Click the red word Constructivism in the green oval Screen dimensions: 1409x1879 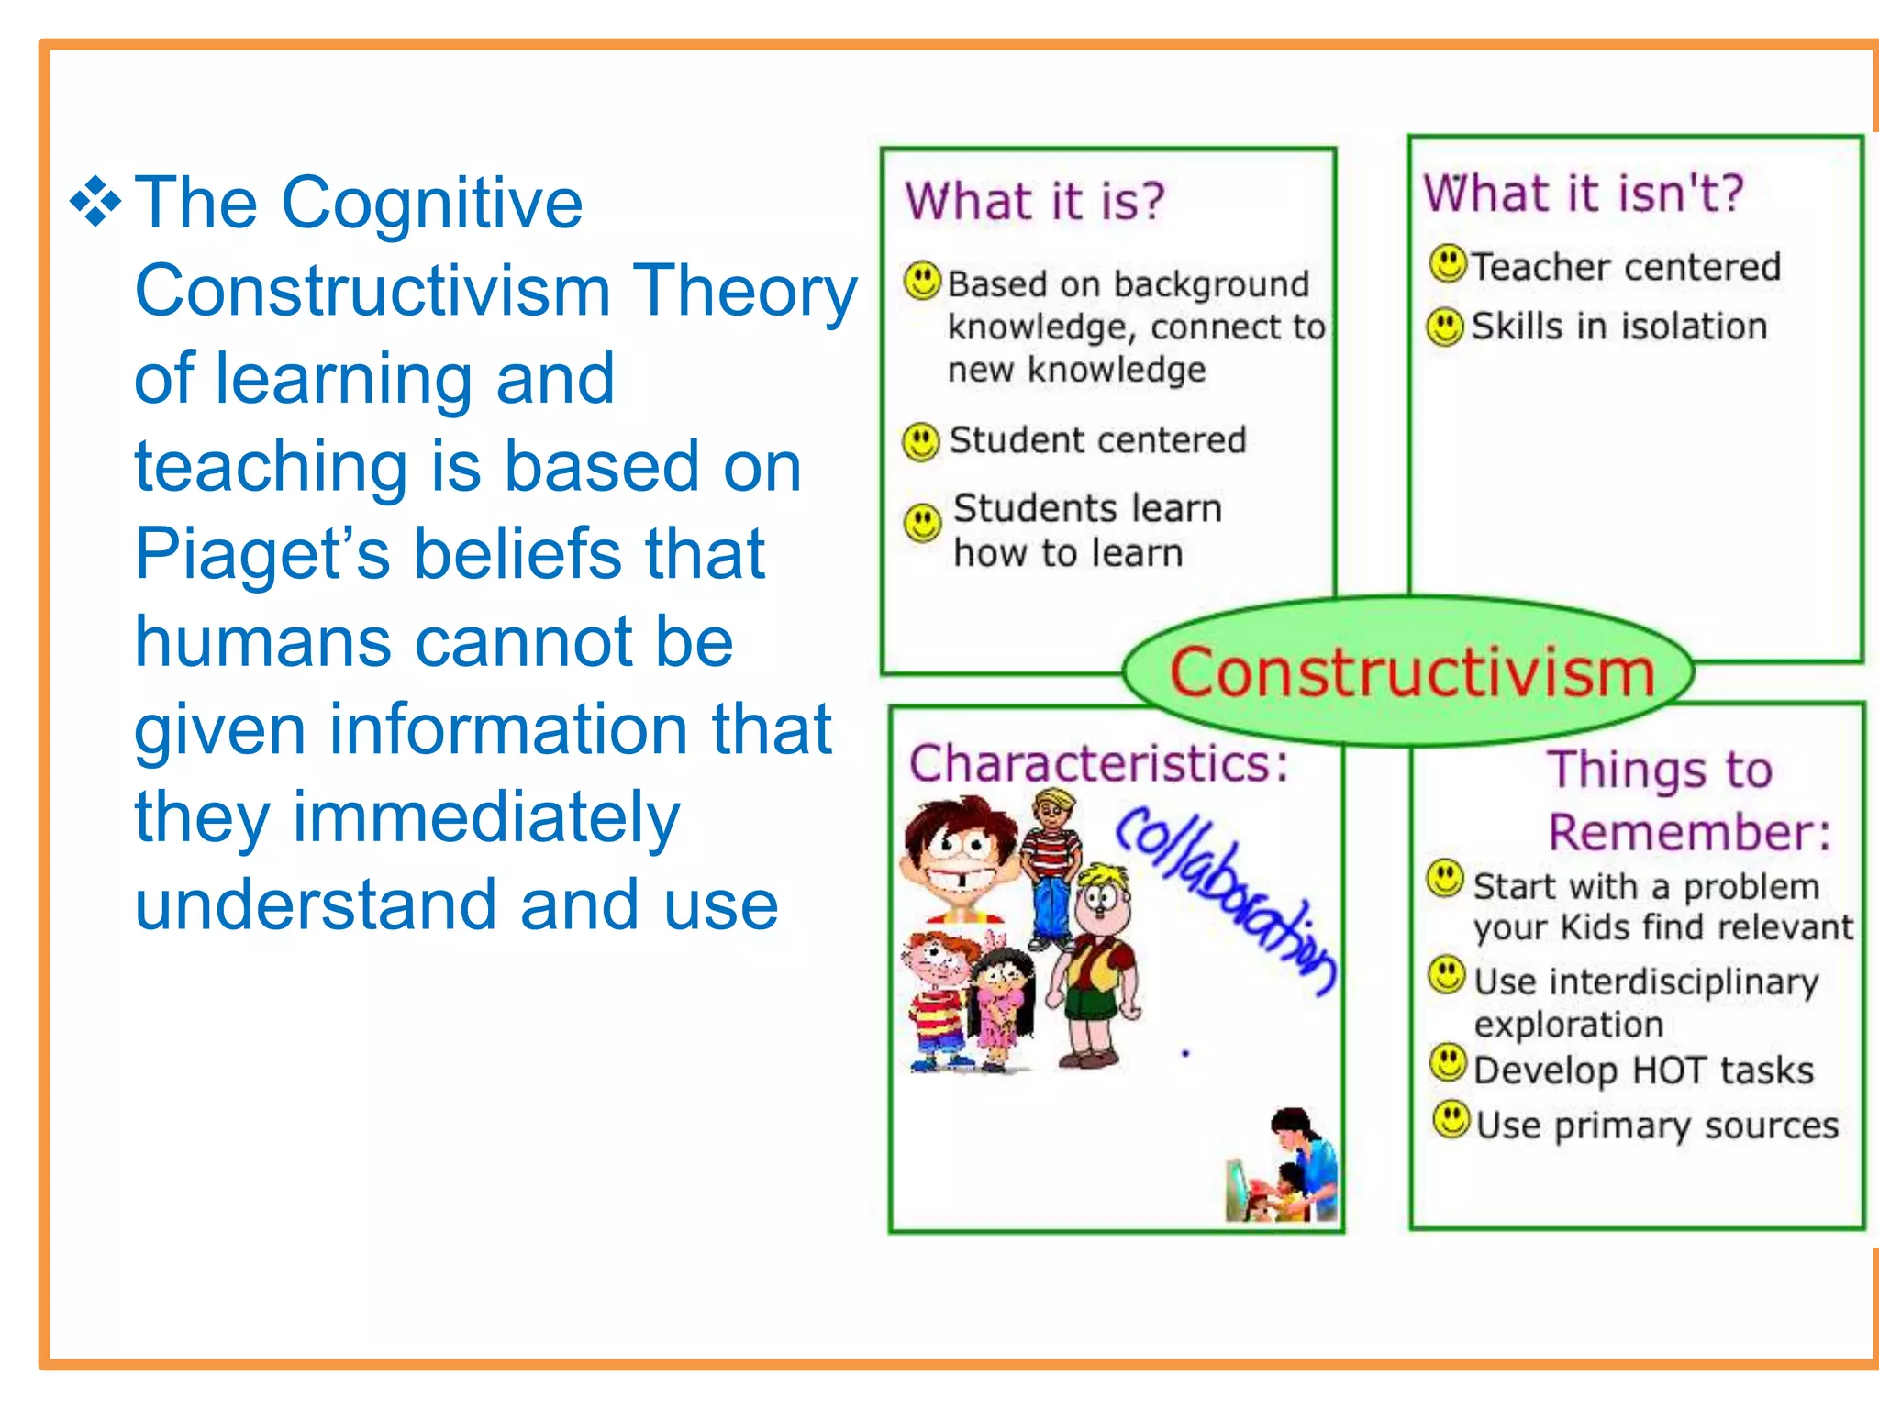[1412, 672]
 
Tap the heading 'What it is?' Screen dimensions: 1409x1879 [1034, 201]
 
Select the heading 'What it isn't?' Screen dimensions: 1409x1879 [1583, 194]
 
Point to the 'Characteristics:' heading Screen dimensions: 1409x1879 [1098, 763]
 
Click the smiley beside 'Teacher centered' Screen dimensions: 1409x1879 [1449, 264]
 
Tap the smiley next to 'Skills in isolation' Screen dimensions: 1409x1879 [1446, 327]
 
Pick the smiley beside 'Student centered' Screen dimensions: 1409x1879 [921, 441]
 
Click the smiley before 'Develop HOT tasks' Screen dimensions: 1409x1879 [1449, 1064]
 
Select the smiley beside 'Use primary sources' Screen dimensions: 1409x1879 [1451, 1119]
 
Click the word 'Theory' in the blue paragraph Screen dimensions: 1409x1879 [745, 291]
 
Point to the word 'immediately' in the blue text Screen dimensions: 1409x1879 [485, 817]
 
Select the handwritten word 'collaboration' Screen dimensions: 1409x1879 [1225, 899]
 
